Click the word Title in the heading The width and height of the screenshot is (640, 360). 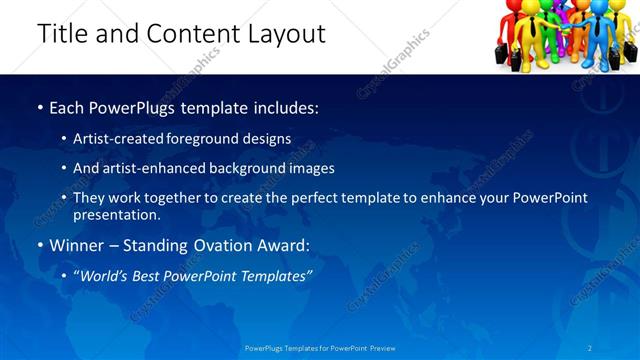(62, 34)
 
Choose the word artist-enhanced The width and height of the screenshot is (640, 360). (151, 168)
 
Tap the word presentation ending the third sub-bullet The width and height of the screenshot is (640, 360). (115, 215)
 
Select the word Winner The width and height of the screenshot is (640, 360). (78, 245)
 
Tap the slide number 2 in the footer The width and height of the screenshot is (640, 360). (589, 348)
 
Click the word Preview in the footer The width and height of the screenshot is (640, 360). (381, 348)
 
